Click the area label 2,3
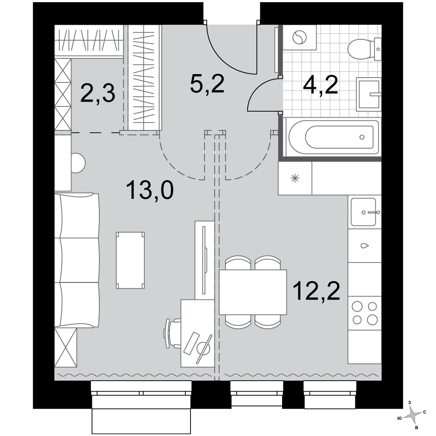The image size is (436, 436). point(98,94)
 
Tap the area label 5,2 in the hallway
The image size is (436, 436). point(207,84)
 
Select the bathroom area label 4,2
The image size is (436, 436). point(320,85)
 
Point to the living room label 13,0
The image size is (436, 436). point(150,190)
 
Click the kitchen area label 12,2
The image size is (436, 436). point(317,290)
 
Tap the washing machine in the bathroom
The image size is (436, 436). point(300,37)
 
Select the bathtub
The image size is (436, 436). point(334,137)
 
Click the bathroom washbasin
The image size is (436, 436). point(369,94)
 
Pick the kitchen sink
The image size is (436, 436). point(364,212)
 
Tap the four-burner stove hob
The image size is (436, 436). point(364,313)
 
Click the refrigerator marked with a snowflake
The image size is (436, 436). point(295,178)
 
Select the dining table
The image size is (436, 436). point(253,292)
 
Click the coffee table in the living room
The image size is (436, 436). point(130,260)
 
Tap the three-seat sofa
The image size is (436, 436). point(77,260)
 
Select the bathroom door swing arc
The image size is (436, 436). point(257,87)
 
